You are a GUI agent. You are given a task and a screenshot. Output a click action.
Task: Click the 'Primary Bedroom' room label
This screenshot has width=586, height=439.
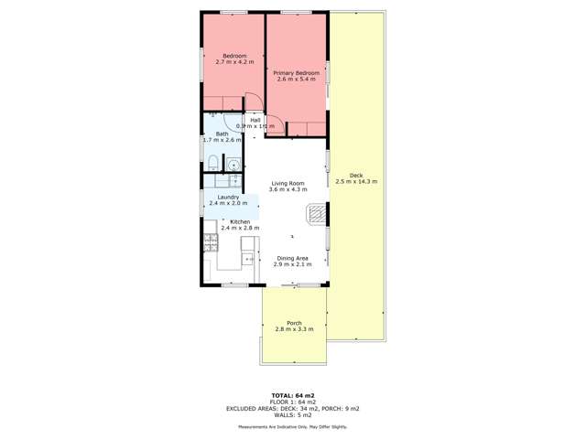tap(294, 71)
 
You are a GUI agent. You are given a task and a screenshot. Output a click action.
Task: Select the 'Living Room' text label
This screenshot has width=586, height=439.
tap(287, 184)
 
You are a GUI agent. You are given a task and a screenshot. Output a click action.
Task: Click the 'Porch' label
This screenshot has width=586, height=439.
tap(294, 323)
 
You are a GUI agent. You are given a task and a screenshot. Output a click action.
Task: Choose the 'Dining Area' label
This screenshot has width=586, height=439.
tap(293, 258)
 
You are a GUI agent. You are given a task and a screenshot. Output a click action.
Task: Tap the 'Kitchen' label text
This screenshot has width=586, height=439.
tap(240, 222)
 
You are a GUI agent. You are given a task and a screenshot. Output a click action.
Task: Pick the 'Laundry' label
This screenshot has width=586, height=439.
tap(228, 198)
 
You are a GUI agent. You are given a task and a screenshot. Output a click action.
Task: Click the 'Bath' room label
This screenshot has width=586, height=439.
tap(222, 134)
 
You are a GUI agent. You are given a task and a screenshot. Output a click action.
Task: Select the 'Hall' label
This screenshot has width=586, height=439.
tap(255, 120)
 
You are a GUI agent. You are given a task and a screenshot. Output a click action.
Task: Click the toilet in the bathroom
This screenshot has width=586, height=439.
tap(212, 165)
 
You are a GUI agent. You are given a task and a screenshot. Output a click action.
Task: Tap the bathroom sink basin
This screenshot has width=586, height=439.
tap(233, 165)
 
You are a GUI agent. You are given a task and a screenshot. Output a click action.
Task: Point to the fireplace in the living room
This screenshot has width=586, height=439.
tap(316, 214)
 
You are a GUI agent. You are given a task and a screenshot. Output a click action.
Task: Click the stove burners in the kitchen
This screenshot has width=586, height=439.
tap(210, 243)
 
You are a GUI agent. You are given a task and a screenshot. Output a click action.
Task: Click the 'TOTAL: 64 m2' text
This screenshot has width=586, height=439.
tap(293, 394)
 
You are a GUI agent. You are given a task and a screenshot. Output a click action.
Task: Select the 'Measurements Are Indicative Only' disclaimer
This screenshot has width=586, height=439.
tap(293, 427)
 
